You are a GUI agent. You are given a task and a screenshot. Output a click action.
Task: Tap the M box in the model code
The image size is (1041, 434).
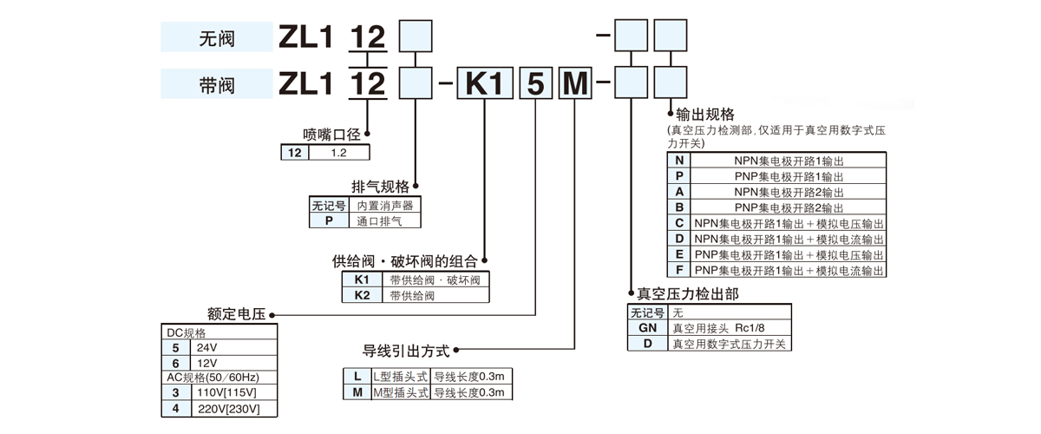tap(573, 84)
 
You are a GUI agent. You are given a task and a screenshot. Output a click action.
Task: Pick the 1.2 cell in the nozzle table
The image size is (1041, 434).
tap(339, 152)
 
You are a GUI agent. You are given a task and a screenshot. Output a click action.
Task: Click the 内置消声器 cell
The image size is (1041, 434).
tap(385, 206)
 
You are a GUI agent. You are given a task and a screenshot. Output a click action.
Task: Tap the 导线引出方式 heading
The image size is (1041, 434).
tap(406, 352)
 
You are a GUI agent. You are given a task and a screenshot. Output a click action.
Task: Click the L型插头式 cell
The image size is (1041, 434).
tap(400, 376)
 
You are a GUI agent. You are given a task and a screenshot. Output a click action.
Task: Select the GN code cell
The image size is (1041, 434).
tap(647, 328)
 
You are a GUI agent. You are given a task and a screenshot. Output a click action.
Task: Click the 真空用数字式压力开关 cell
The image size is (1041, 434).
tap(729, 344)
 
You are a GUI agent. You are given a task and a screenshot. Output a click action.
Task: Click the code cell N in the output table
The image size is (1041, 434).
tap(679, 161)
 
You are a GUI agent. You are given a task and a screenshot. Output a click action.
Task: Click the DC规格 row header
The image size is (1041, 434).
tap(187, 332)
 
